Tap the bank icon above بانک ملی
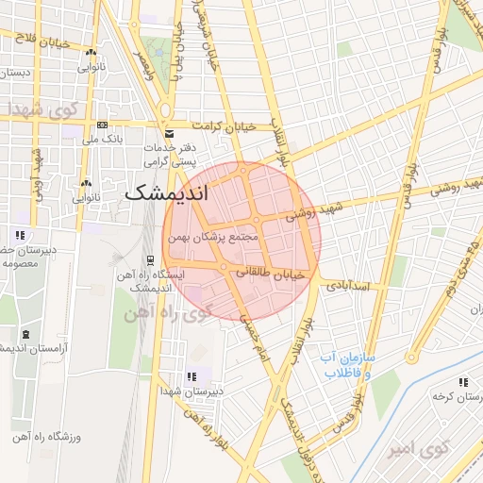point(101,125)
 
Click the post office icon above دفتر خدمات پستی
point(170,133)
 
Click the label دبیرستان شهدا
point(192,390)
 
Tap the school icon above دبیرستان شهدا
point(192,376)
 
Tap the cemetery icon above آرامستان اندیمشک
point(25,334)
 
